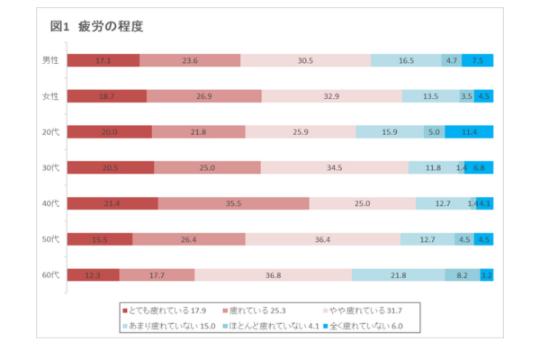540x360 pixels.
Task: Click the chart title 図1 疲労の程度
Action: click(98, 26)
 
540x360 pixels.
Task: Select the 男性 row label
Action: click(50, 60)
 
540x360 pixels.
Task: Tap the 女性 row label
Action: click(50, 96)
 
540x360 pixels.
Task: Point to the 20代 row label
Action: click(50, 131)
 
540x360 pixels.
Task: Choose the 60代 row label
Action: click(50, 274)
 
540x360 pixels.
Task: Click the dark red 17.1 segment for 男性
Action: click(103, 60)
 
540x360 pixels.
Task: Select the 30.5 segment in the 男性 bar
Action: click(305, 60)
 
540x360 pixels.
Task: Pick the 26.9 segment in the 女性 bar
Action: click(203, 96)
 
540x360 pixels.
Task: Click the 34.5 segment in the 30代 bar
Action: click(334, 167)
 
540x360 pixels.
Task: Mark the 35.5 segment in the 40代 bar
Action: click(233, 203)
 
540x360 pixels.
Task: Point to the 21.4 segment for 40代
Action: click(112, 203)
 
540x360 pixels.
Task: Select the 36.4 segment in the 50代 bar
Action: click(322, 239)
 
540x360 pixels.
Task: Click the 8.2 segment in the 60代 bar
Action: click(462, 274)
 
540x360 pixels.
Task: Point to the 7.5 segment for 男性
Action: click(477, 60)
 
